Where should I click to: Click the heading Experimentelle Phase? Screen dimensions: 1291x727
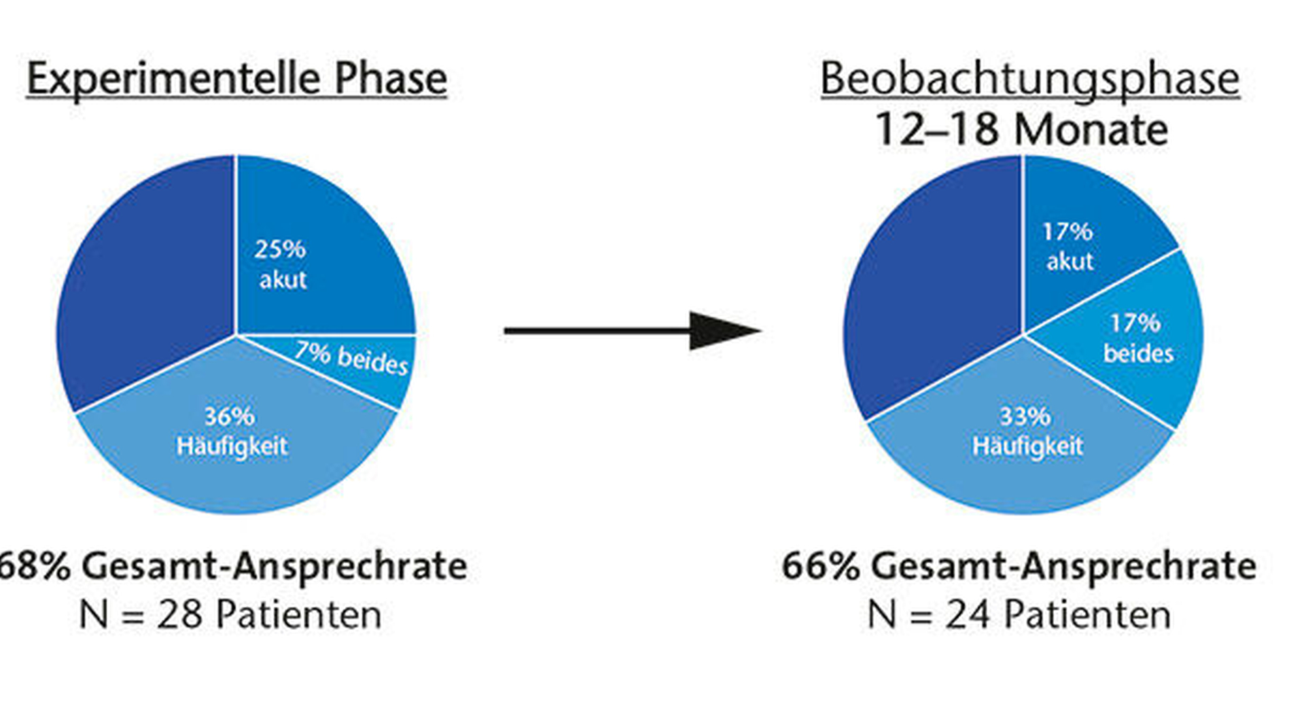tap(236, 79)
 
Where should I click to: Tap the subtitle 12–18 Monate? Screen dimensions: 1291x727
tap(1021, 129)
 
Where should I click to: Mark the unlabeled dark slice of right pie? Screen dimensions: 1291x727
tap(931, 285)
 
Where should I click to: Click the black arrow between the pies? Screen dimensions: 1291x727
tap(633, 331)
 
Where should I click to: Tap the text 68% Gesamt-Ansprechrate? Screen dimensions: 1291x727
tap(233, 566)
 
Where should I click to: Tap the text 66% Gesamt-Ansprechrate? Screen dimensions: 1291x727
tap(1019, 566)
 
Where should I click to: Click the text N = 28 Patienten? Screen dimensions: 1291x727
tap(230, 615)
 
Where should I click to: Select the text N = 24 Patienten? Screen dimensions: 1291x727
tap(1019, 615)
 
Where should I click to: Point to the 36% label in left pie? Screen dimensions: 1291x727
tap(230, 416)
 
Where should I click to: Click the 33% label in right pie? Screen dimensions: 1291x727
tap(1025, 416)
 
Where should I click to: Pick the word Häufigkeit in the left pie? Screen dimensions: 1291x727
tap(232, 446)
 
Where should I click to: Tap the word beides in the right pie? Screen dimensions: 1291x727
tap(1139, 353)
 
